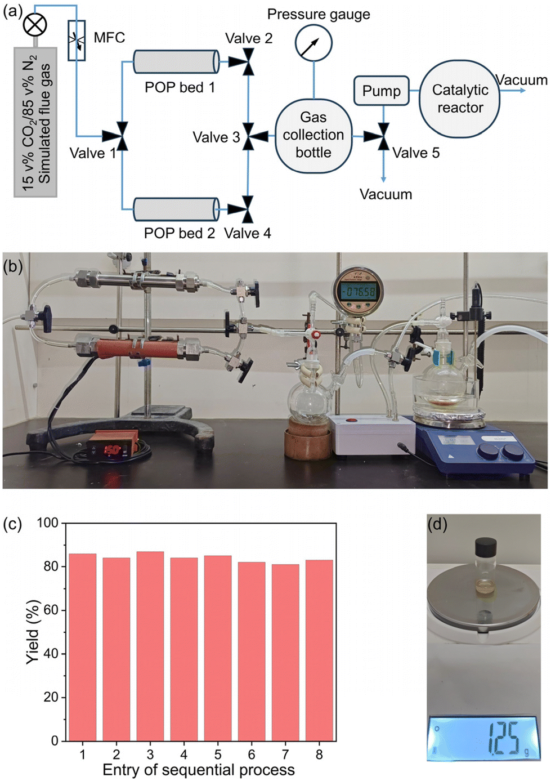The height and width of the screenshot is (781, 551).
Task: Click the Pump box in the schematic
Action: [381, 91]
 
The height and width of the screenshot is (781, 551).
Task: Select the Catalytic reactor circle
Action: [459, 99]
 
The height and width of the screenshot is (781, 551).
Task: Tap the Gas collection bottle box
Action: [313, 135]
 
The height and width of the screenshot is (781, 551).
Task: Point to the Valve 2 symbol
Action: [248, 61]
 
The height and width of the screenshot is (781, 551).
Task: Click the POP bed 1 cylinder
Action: [176, 61]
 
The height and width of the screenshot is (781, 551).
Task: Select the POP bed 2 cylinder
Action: [176, 209]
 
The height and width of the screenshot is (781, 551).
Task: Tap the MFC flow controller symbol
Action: [77, 40]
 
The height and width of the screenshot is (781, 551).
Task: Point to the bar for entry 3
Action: [150, 646]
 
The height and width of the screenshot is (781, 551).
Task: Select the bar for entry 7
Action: [285, 652]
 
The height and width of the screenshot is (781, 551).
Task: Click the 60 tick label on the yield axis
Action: [51, 610]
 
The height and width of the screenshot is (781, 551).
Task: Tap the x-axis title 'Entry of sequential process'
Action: [199, 770]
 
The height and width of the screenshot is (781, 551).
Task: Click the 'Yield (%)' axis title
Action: [33, 632]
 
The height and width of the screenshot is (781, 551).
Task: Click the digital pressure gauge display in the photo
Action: [358, 292]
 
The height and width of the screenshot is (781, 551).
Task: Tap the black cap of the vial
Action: [486, 546]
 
